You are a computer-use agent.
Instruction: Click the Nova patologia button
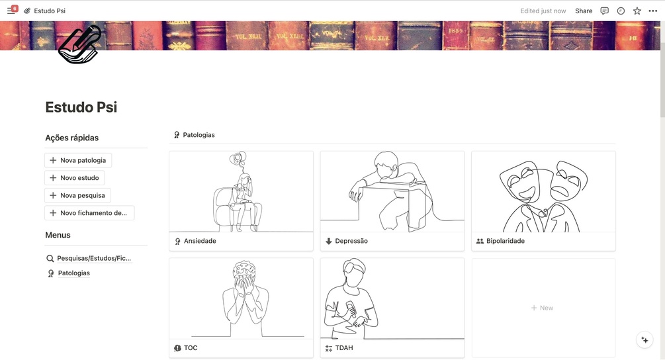(x=78, y=160)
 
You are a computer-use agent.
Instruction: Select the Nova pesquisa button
(x=77, y=195)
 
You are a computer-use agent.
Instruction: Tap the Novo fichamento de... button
(x=89, y=213)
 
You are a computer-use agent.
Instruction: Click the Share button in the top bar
(x=584, y=11)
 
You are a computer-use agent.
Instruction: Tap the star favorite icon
(x=637, y=11)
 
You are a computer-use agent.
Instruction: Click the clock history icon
(x=621, y=11)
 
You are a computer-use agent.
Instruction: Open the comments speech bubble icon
(x=605, y=11)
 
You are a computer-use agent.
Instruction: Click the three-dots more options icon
(x=653, y=11)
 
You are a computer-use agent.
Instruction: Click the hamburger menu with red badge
(x=11, y=10)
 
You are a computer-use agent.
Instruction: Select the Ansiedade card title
(x=200, y=241)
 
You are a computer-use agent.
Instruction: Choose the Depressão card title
(x=351, y=241)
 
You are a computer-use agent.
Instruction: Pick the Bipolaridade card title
(x=505, y=241)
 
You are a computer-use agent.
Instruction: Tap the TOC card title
(x=191, y=347)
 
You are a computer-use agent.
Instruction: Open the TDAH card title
(x=344, y=347)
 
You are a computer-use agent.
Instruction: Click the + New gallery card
(x=543, y=308)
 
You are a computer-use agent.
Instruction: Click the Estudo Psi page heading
(x=81, y=107)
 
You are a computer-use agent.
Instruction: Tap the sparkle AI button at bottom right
(x=644, y=340)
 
